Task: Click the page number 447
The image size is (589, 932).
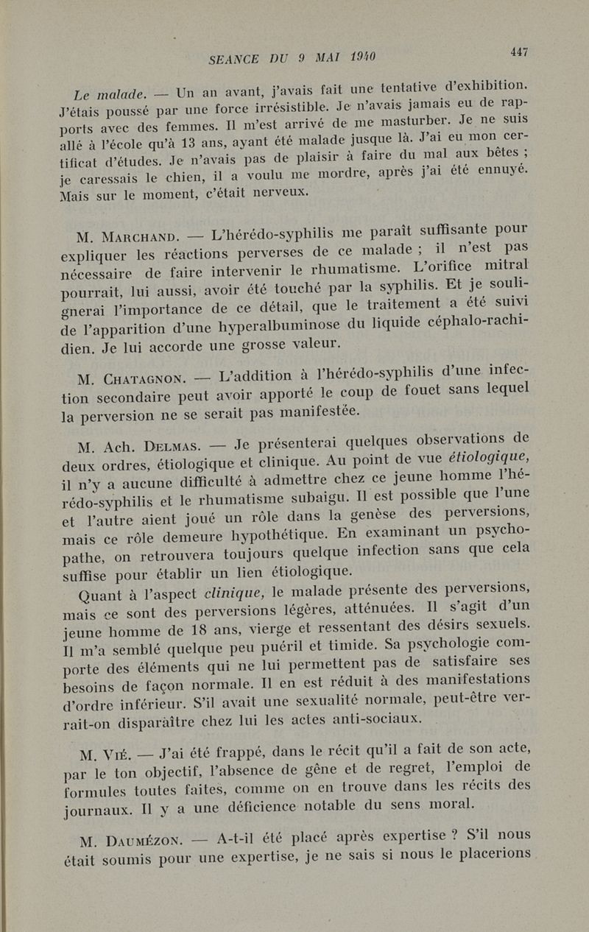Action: coord(518,52)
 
